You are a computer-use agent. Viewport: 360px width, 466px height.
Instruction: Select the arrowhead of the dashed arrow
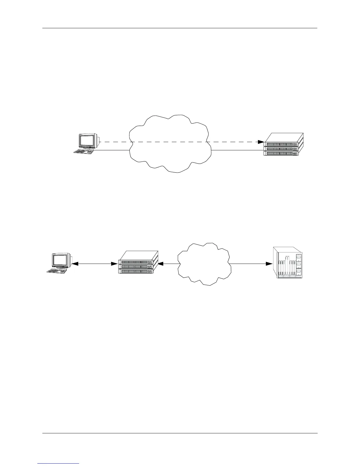tap(261, 142)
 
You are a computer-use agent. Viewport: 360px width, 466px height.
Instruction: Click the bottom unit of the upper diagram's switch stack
tap(281, 153)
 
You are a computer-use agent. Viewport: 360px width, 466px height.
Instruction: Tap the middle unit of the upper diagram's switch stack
tap(281, 149)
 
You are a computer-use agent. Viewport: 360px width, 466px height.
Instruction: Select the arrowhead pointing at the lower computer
tap(75, 264)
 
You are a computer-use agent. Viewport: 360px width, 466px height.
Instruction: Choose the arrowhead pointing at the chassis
tap(269, 264)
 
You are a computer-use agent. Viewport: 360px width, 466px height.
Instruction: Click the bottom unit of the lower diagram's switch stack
tap(135, 271)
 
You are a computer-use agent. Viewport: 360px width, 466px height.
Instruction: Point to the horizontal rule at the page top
tap(180, 29)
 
